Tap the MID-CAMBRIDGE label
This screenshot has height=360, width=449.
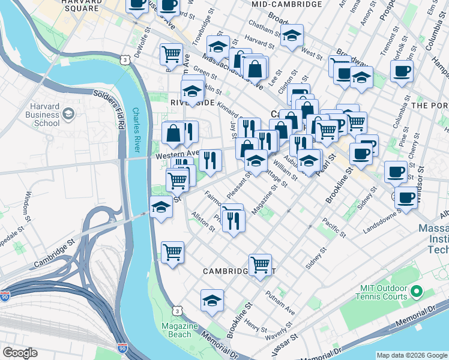click(287, 4)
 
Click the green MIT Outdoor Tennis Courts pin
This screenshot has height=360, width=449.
click(415, 292)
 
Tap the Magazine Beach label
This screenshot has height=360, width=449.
click(179, 330)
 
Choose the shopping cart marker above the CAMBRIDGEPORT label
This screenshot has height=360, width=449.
click(260, 263)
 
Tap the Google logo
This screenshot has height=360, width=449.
click(20, 353)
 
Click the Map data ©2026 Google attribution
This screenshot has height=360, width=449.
click(411, 355)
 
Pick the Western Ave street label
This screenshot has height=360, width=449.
click(176, 154)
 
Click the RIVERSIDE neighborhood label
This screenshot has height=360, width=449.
click(192, 103)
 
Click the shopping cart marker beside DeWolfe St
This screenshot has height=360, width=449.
click(172, 53)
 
